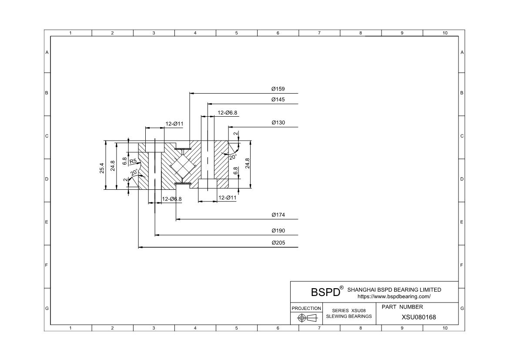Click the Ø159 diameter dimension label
click(278, 89)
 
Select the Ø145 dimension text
click(278, 99)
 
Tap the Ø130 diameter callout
click(278, 122)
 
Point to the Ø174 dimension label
click(278, 215)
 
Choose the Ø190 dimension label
click(278, 231)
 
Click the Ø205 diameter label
click(278, 243)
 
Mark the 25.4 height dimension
click(102, 168)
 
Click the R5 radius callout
click(133, 161)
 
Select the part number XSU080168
click(419, 317)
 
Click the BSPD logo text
click(325, 292)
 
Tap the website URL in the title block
click(394, 296)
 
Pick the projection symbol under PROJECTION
click(307, 318)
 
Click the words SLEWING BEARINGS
click(349, 316)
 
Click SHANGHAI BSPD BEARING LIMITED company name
click(394, 289)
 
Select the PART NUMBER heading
click(402, 307)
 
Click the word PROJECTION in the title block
click(306, 308)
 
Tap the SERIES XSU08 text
click(349, 311)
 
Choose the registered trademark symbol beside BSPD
click(342, 288)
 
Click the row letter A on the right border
click(462, 52)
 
